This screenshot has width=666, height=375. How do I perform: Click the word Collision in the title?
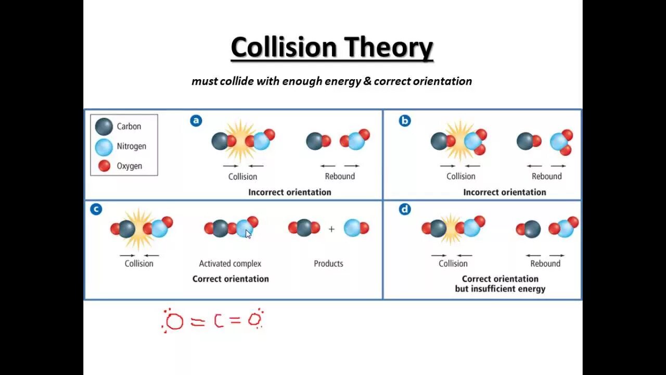[284, 47]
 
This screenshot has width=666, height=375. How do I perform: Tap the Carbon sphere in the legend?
[104, 127]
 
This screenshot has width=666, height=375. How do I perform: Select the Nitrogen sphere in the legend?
[104, 146]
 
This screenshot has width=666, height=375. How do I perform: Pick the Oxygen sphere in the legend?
[104, 166]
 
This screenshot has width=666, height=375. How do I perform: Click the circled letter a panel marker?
[196, 121]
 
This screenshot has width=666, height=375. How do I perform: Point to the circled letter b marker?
[404, 121]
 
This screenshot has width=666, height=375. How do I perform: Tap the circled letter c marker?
[96, 209]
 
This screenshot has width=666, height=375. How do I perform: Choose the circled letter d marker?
[405, 209]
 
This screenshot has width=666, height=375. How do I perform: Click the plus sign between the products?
[331, 229]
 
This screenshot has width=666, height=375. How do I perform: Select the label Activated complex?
[230, 264]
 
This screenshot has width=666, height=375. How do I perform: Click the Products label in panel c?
[328, 264]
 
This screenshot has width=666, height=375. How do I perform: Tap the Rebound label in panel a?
[340, 177]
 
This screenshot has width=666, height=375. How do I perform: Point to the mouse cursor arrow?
[248, 234]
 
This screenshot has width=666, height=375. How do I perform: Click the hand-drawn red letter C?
[219, 321]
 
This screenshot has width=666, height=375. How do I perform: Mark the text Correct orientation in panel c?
[230, 279]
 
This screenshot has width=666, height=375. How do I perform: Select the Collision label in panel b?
[460, 177]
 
